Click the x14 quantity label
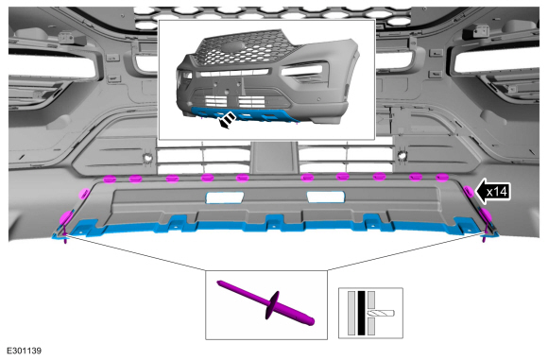[496, 192]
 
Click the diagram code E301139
[25, 351]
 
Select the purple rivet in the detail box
[266, 303]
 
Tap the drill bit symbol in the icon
[381, 313]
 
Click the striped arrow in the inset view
[227, 120]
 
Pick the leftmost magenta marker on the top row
[110, 180]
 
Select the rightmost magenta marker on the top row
[442, 178]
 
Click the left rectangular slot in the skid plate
[225, 197]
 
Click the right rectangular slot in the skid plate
[325, 197]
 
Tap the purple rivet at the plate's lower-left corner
[65, 236]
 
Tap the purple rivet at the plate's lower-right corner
[484, 235]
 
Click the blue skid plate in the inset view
[245, 115]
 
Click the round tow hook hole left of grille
[147, 158]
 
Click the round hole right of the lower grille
[402, 155]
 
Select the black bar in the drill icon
[361, 313]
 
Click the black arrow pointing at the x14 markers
[493, 192]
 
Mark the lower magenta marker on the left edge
[66, 217]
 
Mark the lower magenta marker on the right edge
[486, 215]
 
